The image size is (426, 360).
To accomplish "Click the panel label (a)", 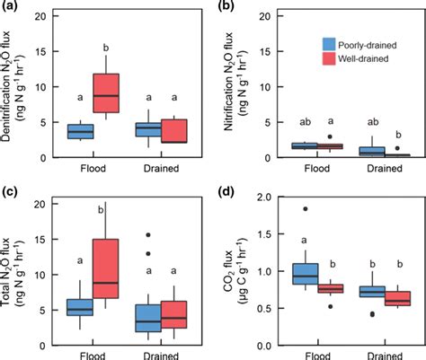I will coord(10,7).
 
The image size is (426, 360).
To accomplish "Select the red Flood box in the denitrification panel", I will coord(107,93).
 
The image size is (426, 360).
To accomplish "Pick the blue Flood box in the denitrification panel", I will coord(80,131).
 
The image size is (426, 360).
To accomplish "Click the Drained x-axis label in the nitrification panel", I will coord(371,168).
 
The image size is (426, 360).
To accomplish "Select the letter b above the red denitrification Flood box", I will coord(107,48).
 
